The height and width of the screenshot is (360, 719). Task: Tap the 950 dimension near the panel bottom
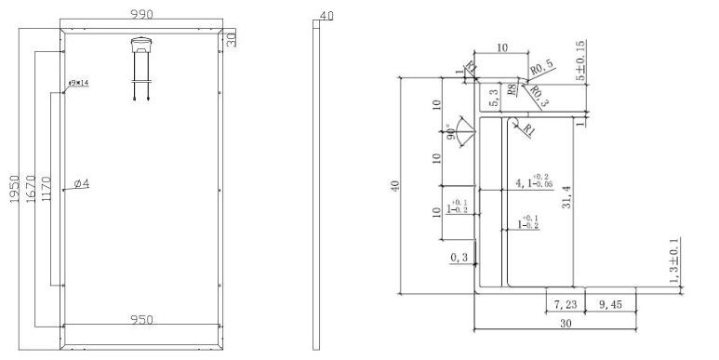point(141,321)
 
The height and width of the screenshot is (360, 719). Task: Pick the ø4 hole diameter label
point(81,184)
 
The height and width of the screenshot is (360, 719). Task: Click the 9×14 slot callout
point(76,84)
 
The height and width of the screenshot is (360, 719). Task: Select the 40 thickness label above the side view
point(325,16)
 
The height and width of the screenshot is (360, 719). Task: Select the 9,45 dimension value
point(615,302)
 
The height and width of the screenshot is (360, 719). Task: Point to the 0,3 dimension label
point(459,257)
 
